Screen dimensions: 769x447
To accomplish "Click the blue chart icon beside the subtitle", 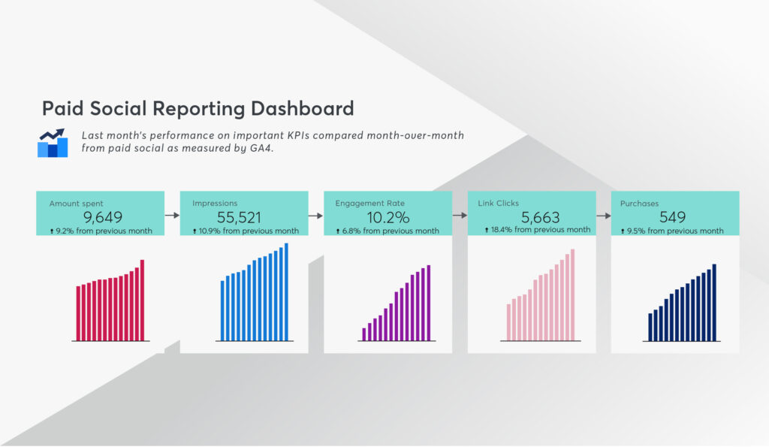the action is pyautogui.click(x=53, y=143).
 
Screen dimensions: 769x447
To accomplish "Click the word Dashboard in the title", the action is pyautogui.click(x=302, y=108).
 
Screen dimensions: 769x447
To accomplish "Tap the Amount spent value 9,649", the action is pyautogui.click(x=102, y=217).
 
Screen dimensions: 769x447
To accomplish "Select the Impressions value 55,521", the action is pyautogui.click(x=239, y=217).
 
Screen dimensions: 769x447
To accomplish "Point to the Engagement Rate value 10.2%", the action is pyautogui.click(x=388, y=217).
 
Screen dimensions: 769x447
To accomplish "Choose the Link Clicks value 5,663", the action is pyautogui.click(x=540, y=217).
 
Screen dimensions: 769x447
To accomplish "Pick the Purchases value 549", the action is pyautogui.click(x=672, y=217).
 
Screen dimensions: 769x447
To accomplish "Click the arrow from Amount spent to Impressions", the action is pyautogui.click(x=172, y=215).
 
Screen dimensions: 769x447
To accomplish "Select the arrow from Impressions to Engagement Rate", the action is pyautogui.click(x=316, y=216).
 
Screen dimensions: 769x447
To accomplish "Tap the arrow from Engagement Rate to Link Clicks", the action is pyautogui.click(x=460, y=215).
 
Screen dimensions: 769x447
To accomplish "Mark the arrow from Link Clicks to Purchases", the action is pyautogui.click(x=604, y=216).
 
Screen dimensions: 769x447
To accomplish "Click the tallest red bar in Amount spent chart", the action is pyautogui.click(x=142, y=300).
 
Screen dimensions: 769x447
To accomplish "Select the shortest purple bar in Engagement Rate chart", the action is pyautogui.click(x=364, y=334).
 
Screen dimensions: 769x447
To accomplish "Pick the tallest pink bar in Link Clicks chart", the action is pyautogui.click(x=572, y=294).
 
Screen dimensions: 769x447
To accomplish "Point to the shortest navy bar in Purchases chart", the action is pyautogui.click(x=650, y=327).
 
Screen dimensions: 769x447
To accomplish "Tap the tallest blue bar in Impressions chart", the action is pyautogui.click(x=286, y=291).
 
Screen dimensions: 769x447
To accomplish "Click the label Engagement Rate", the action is pyautogui.click(x=369, y=203).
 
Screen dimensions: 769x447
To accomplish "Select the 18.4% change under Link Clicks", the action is pyautogui.click(x=501, y=230).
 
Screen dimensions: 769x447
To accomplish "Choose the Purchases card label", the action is pyautogui.click(x=639, y=203).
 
